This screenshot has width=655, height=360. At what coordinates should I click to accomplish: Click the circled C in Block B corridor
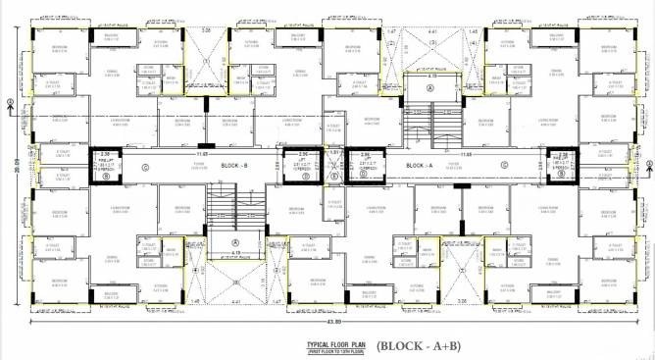pos(144,166)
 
